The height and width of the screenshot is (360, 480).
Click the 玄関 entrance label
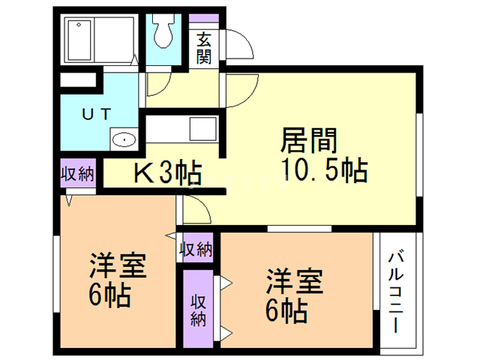(203, 46)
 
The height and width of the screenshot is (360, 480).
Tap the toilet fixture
(162, 32)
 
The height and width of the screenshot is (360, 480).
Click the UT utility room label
(97, 114)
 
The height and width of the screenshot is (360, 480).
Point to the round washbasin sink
(121, 139)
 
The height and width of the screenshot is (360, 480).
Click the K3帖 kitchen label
(166, 173)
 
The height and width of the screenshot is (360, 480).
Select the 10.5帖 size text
(324, 171)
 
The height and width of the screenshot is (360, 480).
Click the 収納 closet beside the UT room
(77, 175)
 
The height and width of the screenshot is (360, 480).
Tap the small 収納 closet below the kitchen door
(196, 248)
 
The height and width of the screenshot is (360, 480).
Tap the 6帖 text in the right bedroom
(285, 309)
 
